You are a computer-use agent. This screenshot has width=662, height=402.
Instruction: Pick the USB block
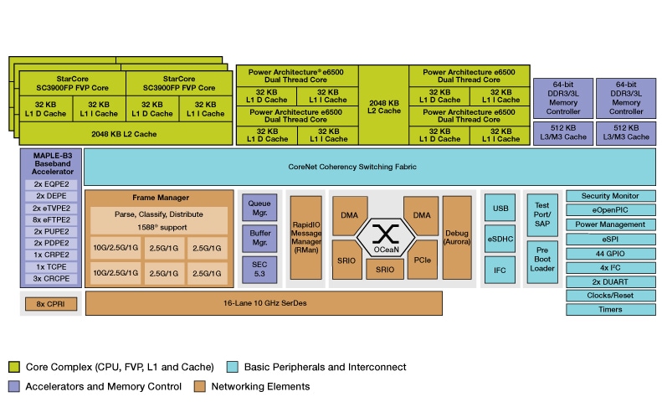tap(501, 208)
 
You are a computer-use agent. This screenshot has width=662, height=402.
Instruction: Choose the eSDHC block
tap(501, 239)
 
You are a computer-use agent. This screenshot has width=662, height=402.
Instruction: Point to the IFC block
tap(501, 270)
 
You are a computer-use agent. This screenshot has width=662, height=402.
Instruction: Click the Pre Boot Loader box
tap(541, 258)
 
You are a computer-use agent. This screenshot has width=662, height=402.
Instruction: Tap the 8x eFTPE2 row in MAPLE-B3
tap(50, 219)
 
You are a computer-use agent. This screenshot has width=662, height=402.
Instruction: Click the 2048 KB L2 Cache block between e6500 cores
tap(384, 105)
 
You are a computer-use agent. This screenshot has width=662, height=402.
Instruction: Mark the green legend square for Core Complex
tap(14, 367)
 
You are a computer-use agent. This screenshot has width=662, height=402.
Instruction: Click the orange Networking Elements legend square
tap(199, 387)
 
